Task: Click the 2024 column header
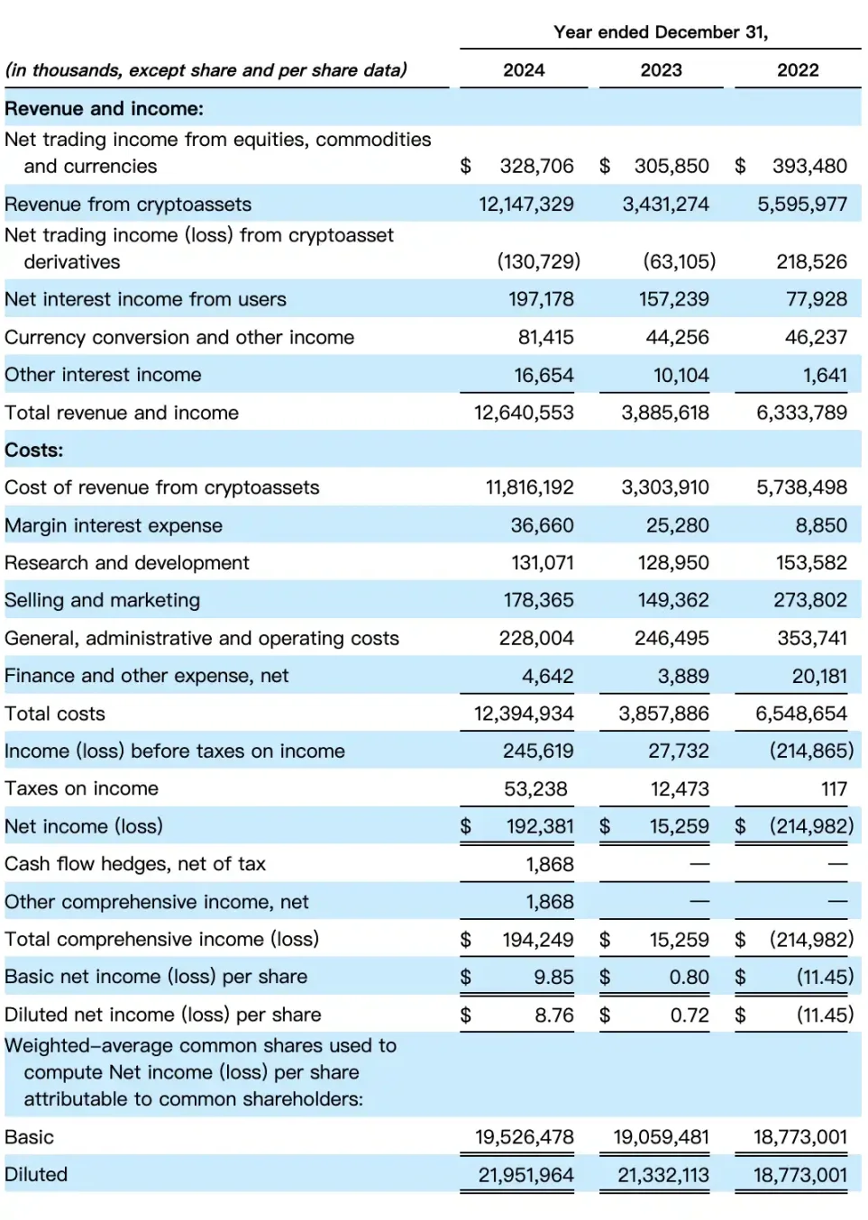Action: coord(524,70)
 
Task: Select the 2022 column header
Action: coord(798,70)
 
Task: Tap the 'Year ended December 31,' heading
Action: coord(661,32)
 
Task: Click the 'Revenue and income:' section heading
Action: coord(105,109)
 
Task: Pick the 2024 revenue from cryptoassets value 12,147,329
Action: coord(526,205)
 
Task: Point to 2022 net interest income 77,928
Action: coord(817,299)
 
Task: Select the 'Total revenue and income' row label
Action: coord(122,413)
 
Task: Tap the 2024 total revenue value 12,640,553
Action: coord(525,413)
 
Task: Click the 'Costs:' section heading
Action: coord(34,451)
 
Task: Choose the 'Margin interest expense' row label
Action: coord(114,525)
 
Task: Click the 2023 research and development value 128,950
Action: coord(673,563)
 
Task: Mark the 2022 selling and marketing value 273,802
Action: coord(810,600)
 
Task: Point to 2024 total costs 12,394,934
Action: coord(525,714)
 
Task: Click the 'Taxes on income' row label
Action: coord(82,788)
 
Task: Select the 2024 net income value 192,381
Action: coord(540,826)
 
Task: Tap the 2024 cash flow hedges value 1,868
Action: coord(550,864)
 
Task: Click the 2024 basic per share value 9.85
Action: coord(553,977)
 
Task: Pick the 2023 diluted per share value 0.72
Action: coord(690,1015)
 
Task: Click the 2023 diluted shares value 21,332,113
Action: coord(663,1175)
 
